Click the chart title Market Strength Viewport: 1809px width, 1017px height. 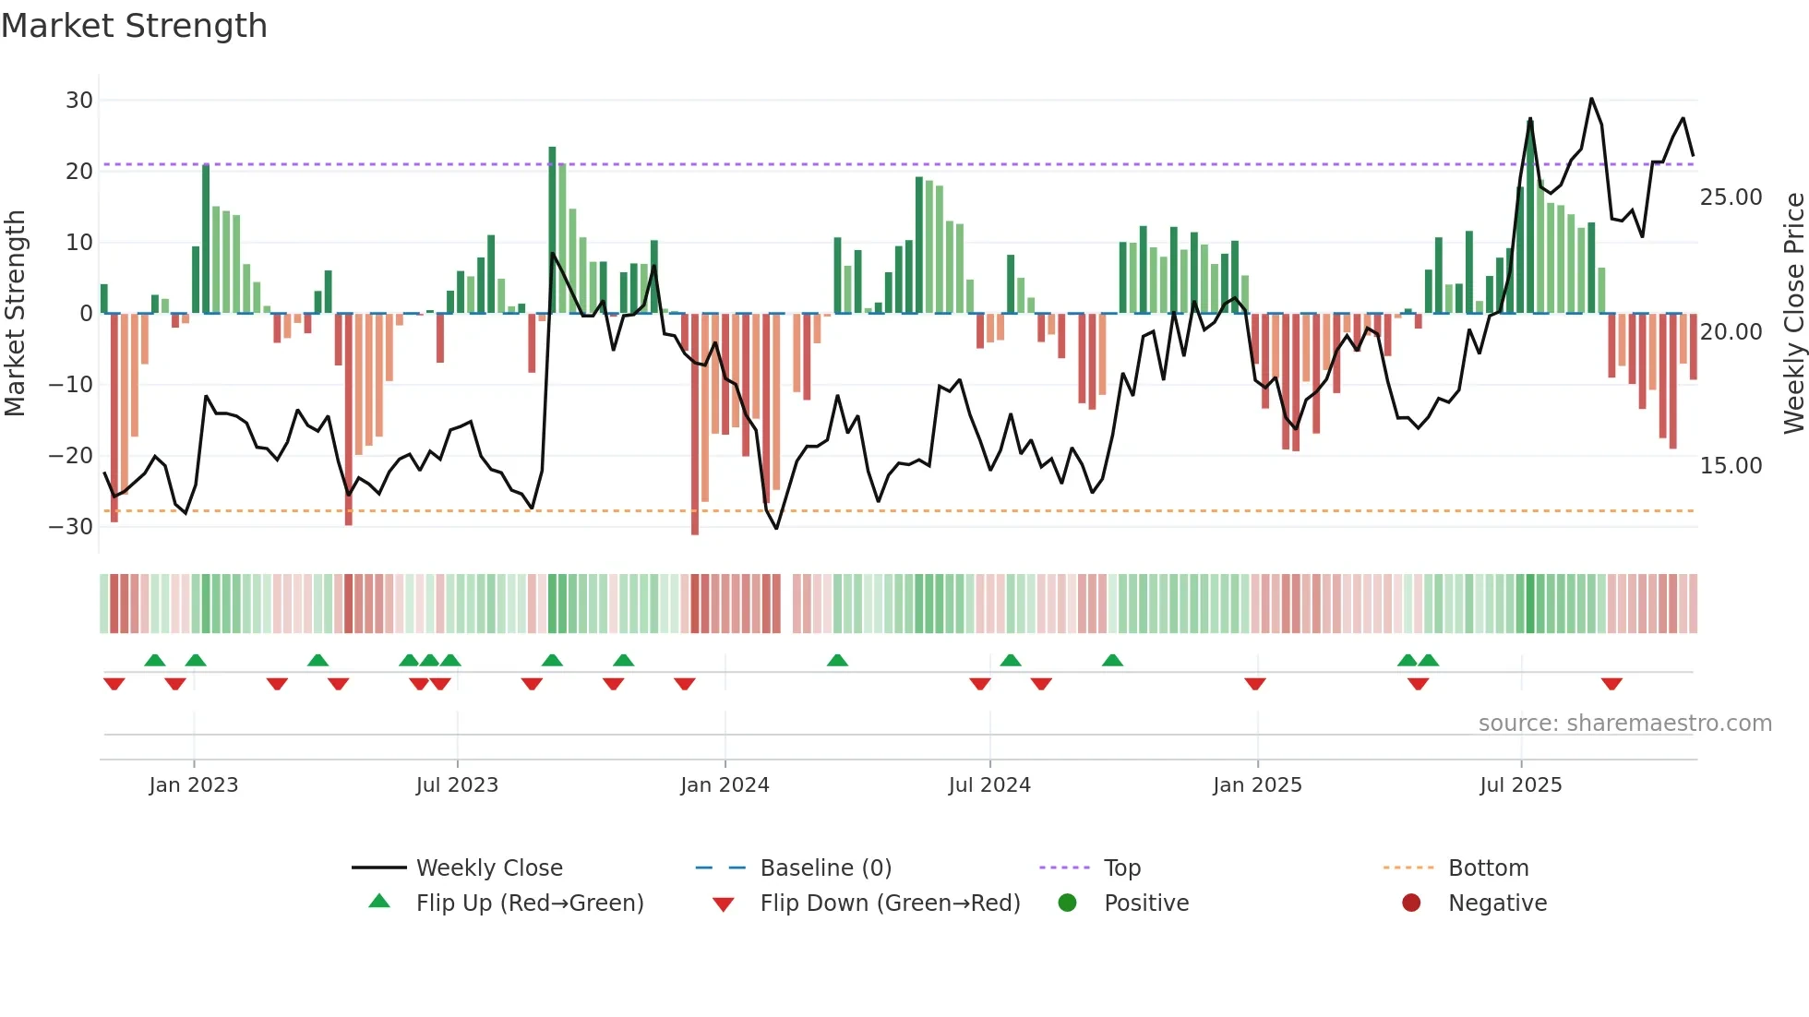coord(134,26)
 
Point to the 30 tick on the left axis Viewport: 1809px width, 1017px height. coord(79,100)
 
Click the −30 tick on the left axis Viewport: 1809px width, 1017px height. coord(71,527)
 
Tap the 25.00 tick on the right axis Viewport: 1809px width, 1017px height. coord(1731,197)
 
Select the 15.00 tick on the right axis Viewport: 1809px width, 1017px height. coord(1731,466)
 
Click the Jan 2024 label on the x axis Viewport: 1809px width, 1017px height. coord(725,785)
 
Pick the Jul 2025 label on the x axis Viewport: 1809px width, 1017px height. coord(1520,785)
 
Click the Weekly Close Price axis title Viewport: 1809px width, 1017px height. coord(1793,314)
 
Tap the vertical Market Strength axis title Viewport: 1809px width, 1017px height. coord(16,314)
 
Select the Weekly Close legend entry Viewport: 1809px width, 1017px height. coord(488,868)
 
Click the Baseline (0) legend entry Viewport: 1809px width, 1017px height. coord(825,868)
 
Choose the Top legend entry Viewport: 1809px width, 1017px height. coord(1121,868)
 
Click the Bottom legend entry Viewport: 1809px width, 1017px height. coord(1488,868)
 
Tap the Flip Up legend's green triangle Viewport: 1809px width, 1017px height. coord(379,902)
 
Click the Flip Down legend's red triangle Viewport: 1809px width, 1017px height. coord(724,904)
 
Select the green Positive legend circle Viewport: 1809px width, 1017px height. coord(1068,903)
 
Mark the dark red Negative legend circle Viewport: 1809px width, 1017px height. coord(1411,903)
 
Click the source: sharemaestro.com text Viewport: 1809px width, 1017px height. coord(1624,724)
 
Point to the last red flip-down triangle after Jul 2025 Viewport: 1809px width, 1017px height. coord(1611,684)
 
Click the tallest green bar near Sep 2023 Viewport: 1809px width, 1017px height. coord(552,230)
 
